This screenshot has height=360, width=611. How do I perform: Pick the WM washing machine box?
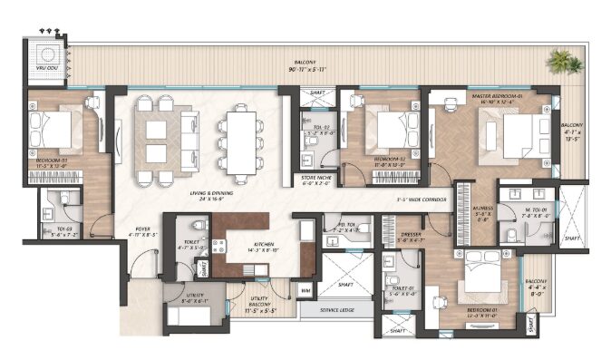click(x=305, y=289)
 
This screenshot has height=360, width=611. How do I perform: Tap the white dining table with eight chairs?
click(x=241, y=140)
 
